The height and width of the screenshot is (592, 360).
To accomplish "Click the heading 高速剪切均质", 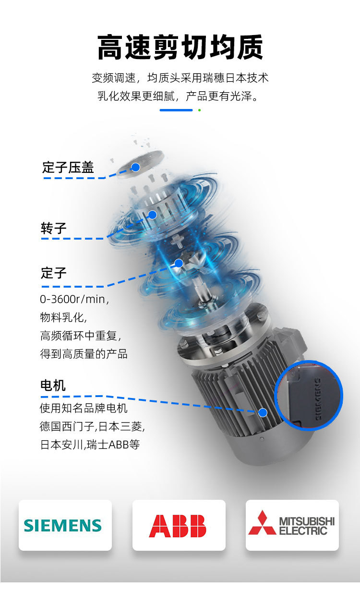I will tap(180, 47).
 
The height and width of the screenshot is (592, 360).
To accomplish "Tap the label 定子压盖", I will tap(68, 168).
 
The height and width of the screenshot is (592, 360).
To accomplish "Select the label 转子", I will tap(53, 228).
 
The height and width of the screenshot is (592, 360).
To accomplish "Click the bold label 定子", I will tap(53, 273).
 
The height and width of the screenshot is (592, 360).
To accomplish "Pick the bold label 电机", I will tap(53, 386).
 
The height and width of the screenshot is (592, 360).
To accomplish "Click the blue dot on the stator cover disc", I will tap(136, 167).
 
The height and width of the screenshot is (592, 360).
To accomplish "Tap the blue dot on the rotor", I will tap(152, 215).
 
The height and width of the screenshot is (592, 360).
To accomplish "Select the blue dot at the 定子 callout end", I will tap(179, 263).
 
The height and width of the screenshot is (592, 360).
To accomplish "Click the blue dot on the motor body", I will tap(263, 412).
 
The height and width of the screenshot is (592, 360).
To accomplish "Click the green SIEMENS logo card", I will tap(65, 525).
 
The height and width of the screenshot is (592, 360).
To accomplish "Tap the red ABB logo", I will tap(178, 526).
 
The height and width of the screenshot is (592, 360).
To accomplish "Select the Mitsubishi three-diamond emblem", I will tap(262, 523).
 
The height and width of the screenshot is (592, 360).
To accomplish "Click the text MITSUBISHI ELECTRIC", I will tap(306, 526).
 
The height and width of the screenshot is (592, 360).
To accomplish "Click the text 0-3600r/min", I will tap(74, 299).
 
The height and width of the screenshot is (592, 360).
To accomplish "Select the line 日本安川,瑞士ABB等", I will tap(90, 444).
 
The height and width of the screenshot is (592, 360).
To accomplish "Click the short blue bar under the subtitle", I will tap(176, 110).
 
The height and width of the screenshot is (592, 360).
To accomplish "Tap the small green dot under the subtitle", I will tap(199, 110).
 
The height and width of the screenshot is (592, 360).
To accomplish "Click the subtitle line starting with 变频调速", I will tap(180, 78).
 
